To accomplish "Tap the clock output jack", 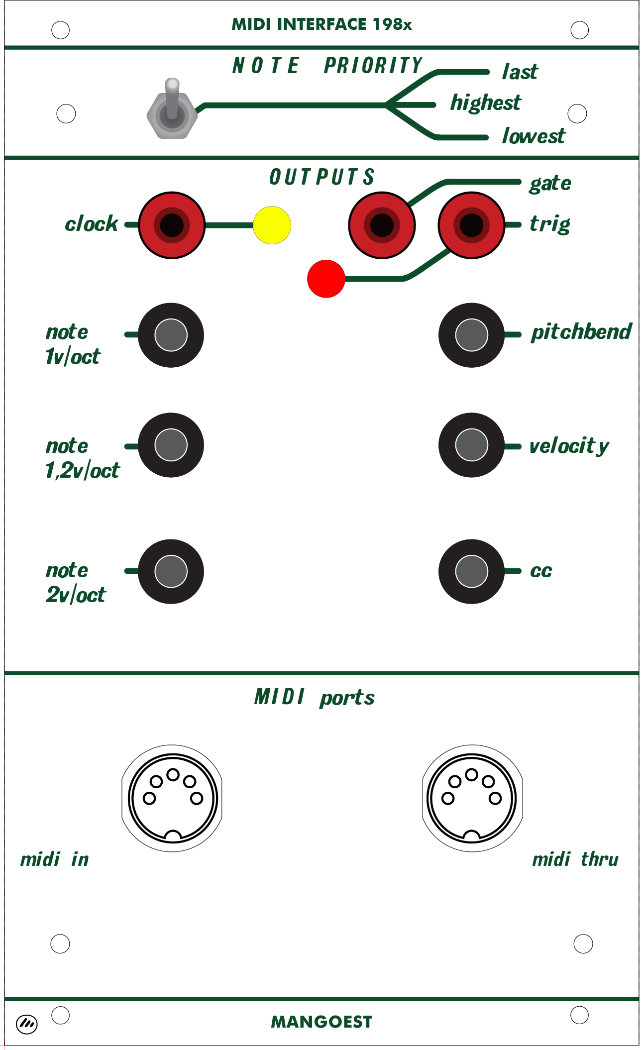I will click(x=172, y=225).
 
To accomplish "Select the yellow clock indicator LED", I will click(x=272, y=225).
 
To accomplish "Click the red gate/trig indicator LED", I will click(x=326, y=279).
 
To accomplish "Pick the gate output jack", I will click(x=382, y=225).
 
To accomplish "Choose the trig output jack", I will click(x=471, y=225).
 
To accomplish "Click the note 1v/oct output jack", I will click(x=171, y=335).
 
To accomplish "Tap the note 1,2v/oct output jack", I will click(x=171, y=445).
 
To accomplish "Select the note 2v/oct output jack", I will click(x=171, y=571).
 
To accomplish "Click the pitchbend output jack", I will click(x=471, y=335).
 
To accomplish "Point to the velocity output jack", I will click(x=471, y=445).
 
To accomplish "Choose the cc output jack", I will click(x=471, y=571).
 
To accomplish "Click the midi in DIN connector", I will click(x=172, y=798).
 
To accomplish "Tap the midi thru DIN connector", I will click(x=472, y=798).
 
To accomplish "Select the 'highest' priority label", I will click(x=485, y=103).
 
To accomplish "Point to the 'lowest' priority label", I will click(x=534, y=136).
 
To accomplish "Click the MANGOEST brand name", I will click(x=321, y=1022).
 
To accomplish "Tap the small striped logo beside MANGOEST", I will click(x=27, y=1023).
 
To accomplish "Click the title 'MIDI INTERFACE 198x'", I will click(x=321, y=24).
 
